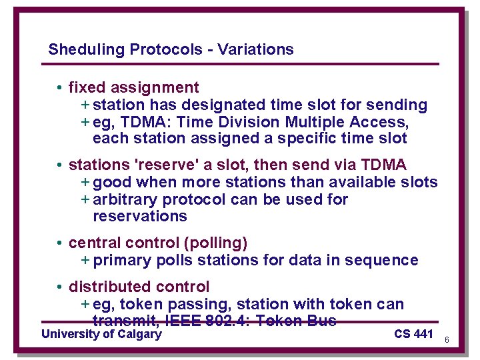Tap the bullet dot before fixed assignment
click(60, 88)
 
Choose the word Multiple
click(313, 123)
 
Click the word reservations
click(140, 217)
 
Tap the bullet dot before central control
click(60, 243)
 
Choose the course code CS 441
click(413, 334)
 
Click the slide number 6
click(446, 340)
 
